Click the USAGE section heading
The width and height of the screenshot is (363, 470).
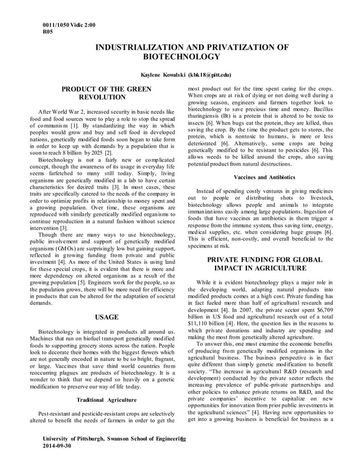point(106,317)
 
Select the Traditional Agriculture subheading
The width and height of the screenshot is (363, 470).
point(106,400)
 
